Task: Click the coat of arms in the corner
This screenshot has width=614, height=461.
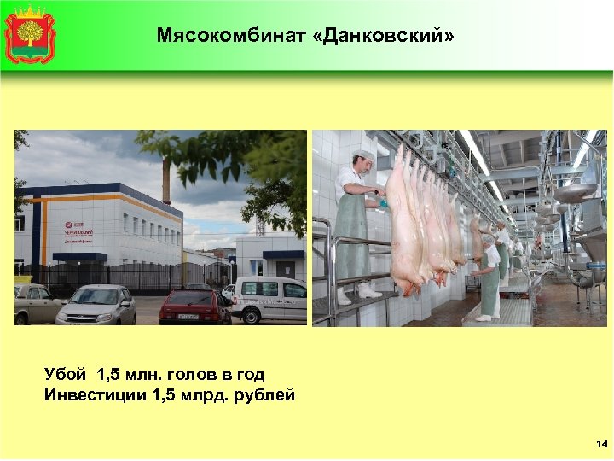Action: pyautogui.click(x=30, y=34)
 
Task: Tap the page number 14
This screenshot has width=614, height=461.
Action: pyautogui.click(x=601, y=444)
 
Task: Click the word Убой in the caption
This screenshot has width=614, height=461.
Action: pyautogui.click(x=67, y=374)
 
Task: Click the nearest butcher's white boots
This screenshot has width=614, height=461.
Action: pyautogui.click(x=358, y=293)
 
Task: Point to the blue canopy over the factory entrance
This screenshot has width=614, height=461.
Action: pyautogui.click(x=80, y=256)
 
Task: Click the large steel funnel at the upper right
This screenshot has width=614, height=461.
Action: pyautogui.click(x=575, y=192)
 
